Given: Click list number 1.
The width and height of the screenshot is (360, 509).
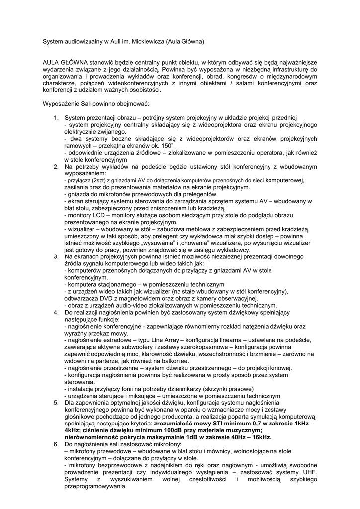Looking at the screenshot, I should point(56,117).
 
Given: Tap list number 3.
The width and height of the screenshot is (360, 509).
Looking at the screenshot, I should point(56,256).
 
